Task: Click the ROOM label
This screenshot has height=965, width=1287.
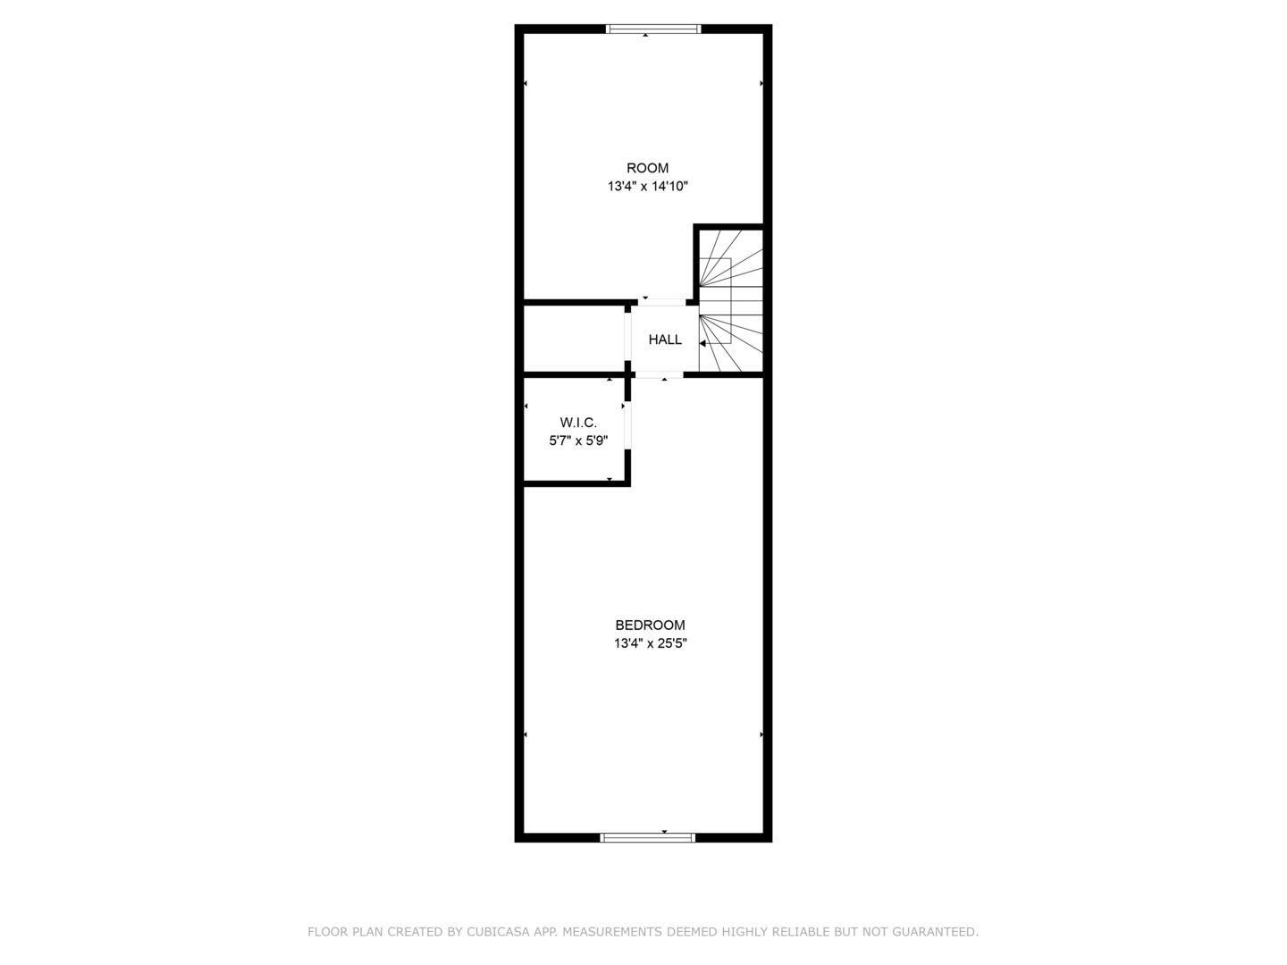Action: click(x=647, y=168)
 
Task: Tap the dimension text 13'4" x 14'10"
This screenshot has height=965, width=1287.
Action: click(x=647, y=187)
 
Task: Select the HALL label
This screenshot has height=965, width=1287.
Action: click(x=665, y=340)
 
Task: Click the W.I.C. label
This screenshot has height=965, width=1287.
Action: click(x=578, y=423)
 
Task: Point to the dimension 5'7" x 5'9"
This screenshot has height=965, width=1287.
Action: click(x=578, y=441)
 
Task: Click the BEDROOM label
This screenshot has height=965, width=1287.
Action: click(x=650, y=625)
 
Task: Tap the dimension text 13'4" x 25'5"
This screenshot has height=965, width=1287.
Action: click(x=650, y=643)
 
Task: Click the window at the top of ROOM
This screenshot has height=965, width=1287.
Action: click(x=653, y=29)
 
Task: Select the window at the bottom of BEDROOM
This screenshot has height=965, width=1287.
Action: click(x=648, y=837)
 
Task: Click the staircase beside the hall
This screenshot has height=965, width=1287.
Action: click(x=731, y=299)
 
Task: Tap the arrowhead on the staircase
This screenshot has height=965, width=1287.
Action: click(x=703, y=343)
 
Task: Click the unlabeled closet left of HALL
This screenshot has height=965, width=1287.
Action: click(x=573, y=339)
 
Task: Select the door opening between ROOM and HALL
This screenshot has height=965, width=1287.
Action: click(x=662, y=303)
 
